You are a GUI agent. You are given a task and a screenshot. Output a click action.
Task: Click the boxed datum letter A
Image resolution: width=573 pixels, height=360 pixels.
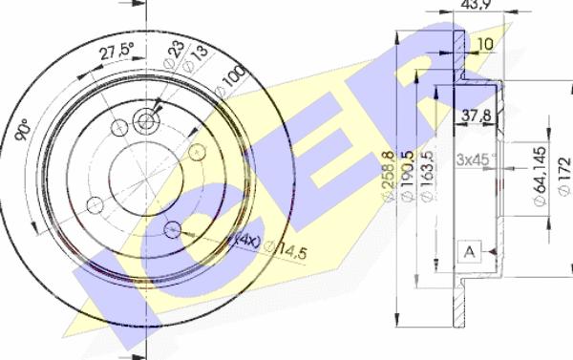pos(469,250)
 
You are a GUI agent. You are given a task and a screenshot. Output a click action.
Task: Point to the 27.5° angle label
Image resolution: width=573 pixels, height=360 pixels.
pos(116,55)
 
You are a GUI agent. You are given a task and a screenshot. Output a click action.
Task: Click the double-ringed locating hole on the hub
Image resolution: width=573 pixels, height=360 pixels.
pos(145,121)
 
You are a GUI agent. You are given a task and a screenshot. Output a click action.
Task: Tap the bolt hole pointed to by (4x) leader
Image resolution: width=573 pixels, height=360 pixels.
pos(172,229)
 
